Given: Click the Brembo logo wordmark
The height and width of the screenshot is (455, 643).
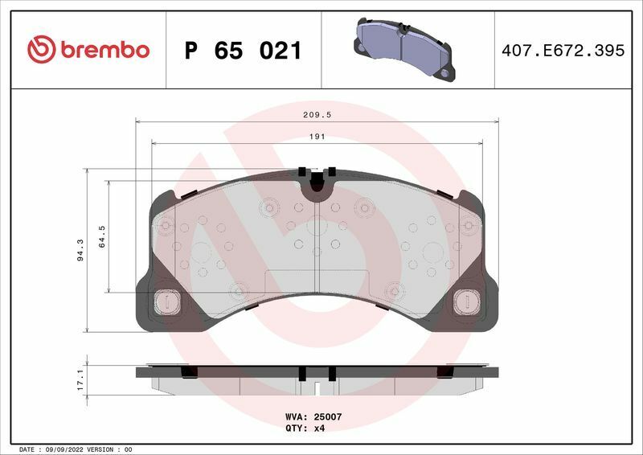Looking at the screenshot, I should [102, 50].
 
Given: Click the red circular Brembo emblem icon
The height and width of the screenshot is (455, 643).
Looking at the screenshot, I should [40, 50].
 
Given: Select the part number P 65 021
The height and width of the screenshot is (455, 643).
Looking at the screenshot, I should [243, 51].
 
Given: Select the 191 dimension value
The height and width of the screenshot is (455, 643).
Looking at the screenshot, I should [317, 137].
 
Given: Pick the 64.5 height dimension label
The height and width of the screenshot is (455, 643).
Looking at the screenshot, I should [102, 237].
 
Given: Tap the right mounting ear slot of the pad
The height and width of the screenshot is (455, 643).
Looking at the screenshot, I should [465, 301].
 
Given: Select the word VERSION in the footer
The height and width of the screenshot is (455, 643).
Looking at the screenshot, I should [100, 449].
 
